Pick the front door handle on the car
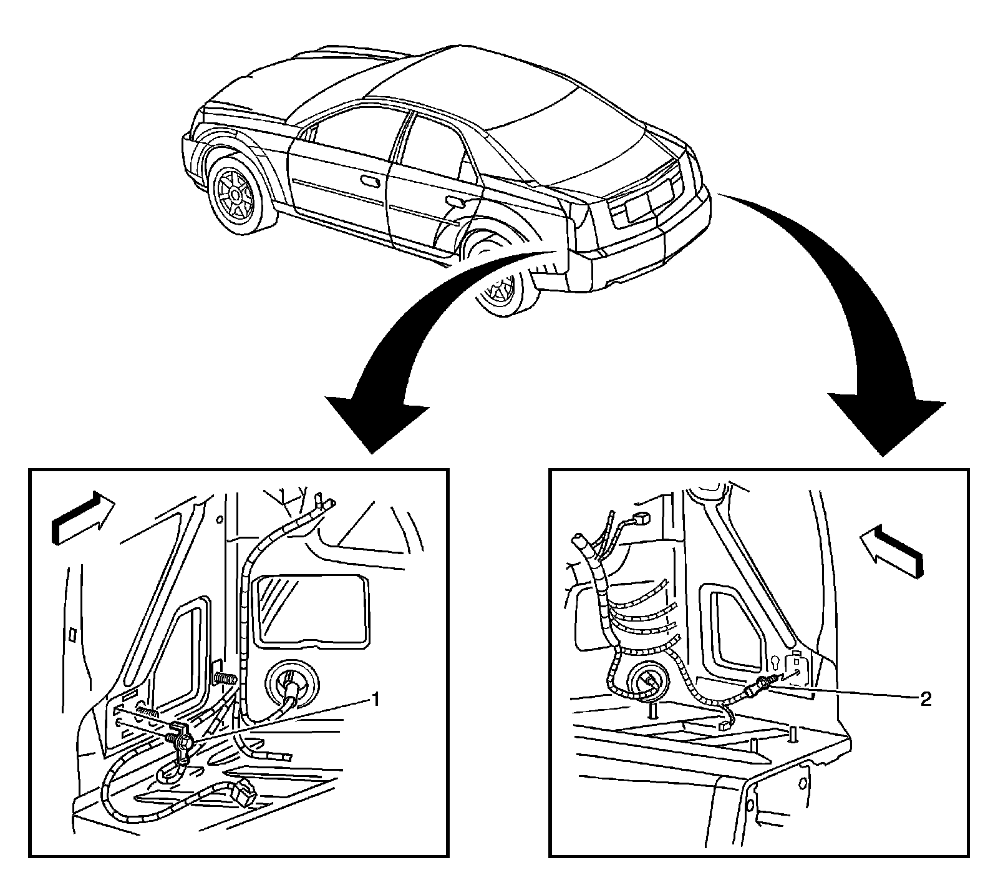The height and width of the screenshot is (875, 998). [372, 180]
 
